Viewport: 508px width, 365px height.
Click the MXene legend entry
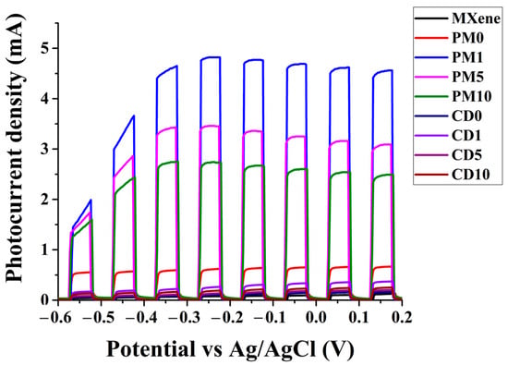[x=476, y=18]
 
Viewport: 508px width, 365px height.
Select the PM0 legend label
[x=467, y=38]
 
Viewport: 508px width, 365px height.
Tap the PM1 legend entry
[x=467, y=57]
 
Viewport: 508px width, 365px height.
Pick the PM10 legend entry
[x=472, y=97]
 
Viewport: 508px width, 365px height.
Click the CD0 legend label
[x=466, y=116]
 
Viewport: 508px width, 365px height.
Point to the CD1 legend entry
[x=466, y=136]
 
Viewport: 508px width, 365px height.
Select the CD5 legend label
[x=466, y=155]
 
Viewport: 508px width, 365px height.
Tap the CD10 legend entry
[x=471, y=175]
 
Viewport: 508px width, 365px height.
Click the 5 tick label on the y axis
[x=44, y=48]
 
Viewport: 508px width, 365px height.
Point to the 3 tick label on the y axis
[x=44, y=149]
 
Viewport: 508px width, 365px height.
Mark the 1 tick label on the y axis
[x=44, y=249]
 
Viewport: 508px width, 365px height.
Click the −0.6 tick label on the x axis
[x=58, y=317]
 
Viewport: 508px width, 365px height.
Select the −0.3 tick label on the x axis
[x=187, y=317]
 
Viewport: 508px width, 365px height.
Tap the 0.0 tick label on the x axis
[x=316, y=317]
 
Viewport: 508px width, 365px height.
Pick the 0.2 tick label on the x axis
[x=402, y=317]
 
